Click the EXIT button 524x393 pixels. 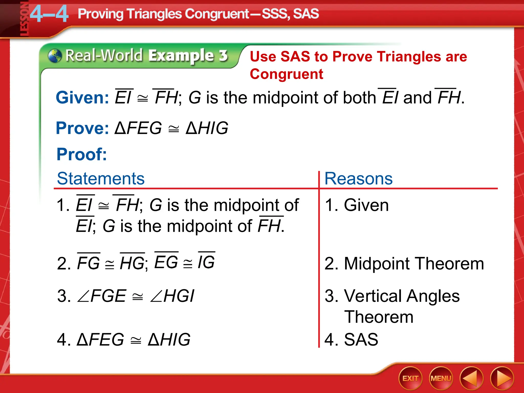tap(410, 378)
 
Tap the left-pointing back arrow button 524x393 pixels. tap(471, 378)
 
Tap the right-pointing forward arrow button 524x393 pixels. tap(502, 378)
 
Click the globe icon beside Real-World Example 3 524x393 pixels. tap(55, 56)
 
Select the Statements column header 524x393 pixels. tap(101, 178)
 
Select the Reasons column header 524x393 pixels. tap(358, 178)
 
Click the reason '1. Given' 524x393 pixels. tap(357, 205)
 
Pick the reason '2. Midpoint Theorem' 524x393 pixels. tap(404, 264)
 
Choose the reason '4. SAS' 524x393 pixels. tap(351, 340)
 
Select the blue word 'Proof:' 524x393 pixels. tap(82, 154)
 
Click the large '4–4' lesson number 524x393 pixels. tap(49, 14)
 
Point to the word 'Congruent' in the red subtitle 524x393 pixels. tap(286, 74)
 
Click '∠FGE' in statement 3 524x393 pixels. tap(102, 296)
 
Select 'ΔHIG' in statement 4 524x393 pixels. tap(169, 340)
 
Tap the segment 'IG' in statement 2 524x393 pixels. tap(206, 262)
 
